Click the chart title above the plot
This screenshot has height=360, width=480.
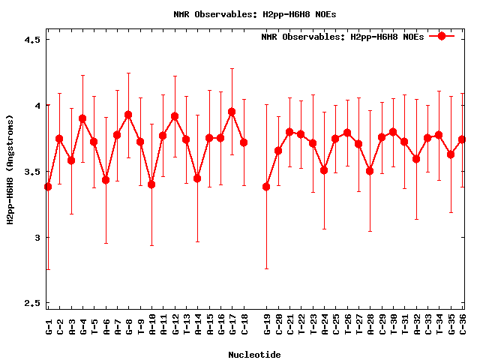239,13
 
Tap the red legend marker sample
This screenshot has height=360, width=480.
442,36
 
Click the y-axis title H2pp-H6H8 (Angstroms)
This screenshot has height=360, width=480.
10,169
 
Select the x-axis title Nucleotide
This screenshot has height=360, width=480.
254,355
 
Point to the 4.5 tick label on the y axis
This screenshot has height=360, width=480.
28,40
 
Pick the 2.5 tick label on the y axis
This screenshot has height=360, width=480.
28,304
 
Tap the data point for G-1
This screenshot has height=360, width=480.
48,187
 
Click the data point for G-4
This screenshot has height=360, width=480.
82,118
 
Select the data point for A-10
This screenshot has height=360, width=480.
151,184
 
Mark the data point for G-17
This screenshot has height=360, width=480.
232,112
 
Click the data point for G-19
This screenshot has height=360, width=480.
266,187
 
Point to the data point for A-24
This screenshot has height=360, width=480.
324,170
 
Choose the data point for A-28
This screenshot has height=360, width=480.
370,171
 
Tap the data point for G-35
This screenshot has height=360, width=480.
451,154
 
